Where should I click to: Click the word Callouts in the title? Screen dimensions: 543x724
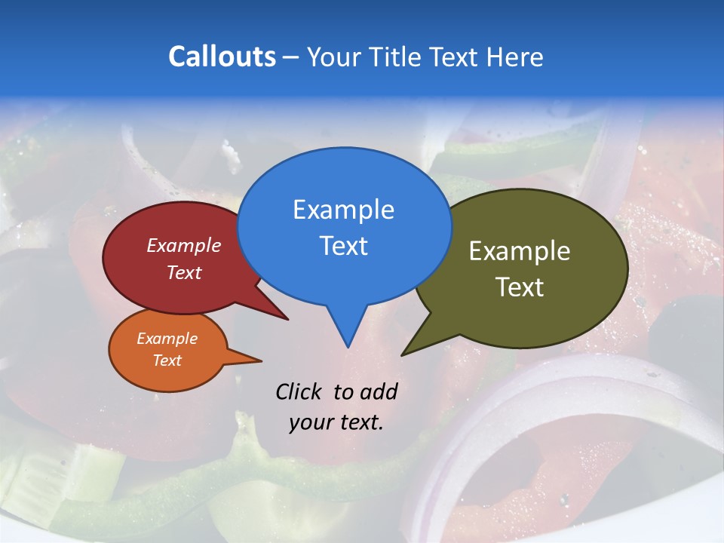(222, 57)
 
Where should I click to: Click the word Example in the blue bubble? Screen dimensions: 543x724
(343, 210)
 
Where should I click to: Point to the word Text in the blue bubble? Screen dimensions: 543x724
(343, 245)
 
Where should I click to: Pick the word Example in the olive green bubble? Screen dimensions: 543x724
(520, 251)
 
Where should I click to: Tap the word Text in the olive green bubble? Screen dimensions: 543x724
(520, 287)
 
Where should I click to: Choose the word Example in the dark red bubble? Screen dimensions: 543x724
(184, 245)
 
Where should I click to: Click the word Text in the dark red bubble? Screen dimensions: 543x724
(184, 272)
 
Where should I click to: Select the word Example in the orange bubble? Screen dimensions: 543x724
(167, 339)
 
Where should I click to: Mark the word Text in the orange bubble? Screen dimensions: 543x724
(167, 360)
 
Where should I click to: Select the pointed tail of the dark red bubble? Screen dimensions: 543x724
(282, 315)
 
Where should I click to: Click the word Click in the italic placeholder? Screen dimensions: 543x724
(298, 391)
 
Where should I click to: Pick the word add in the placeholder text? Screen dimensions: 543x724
(378, 391)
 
